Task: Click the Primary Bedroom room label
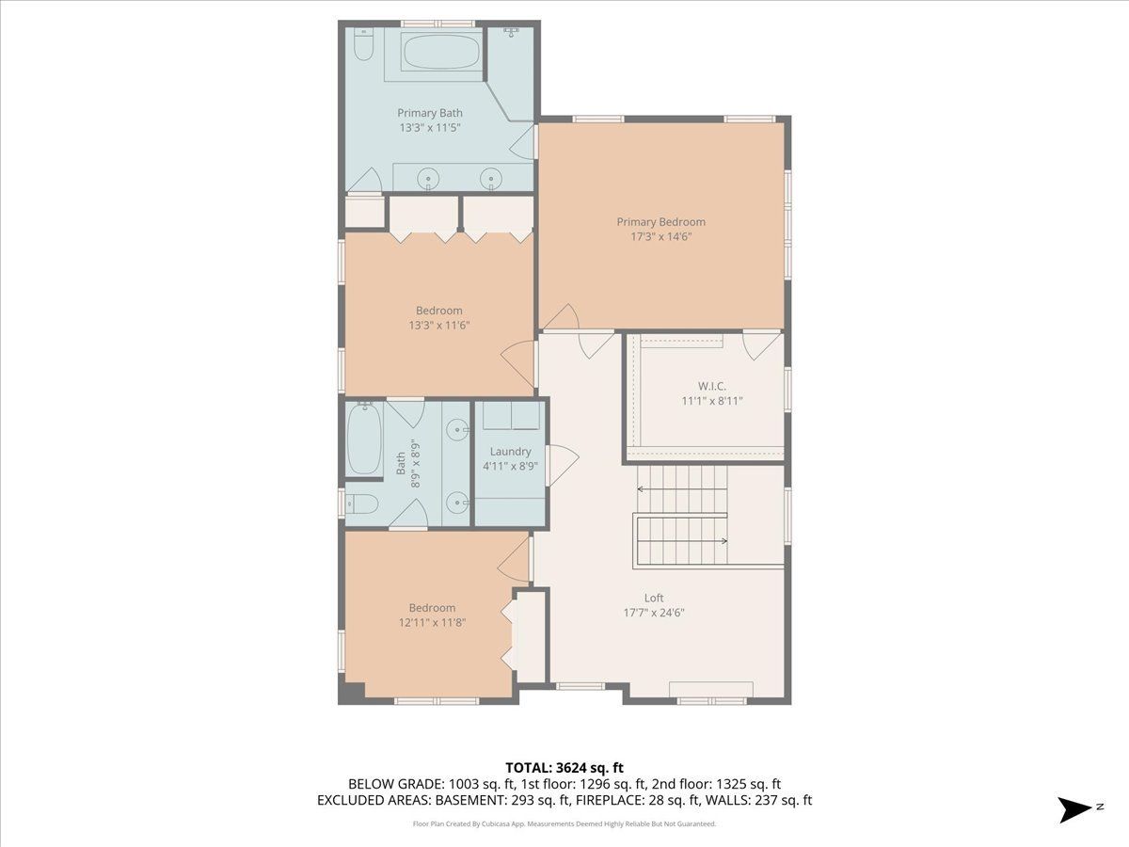[661, 222]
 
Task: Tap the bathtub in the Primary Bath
[442, 52]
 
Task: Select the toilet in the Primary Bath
[364, 45]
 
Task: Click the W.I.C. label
[712, 386]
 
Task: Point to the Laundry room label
[510, 451]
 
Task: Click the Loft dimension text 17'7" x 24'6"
[654, 613]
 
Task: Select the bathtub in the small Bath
[364, 439]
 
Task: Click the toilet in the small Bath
[361, 504]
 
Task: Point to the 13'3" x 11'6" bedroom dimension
[439, 325]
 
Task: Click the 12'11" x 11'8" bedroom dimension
[432, 622]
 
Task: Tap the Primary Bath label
[429, 113]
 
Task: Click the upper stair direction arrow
[682, 489]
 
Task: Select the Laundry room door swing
[563, 465]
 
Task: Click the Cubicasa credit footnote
[564, 823]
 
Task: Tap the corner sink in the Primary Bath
[511, 33]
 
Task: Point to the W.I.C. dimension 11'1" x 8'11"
[712, 401]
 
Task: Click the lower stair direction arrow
[682, 540]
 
